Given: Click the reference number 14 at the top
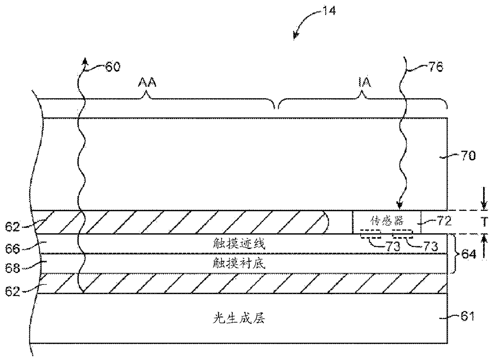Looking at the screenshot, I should [329, 10].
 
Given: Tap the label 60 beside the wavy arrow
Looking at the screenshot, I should [113, 66].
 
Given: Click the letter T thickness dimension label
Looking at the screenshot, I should [483, 222].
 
